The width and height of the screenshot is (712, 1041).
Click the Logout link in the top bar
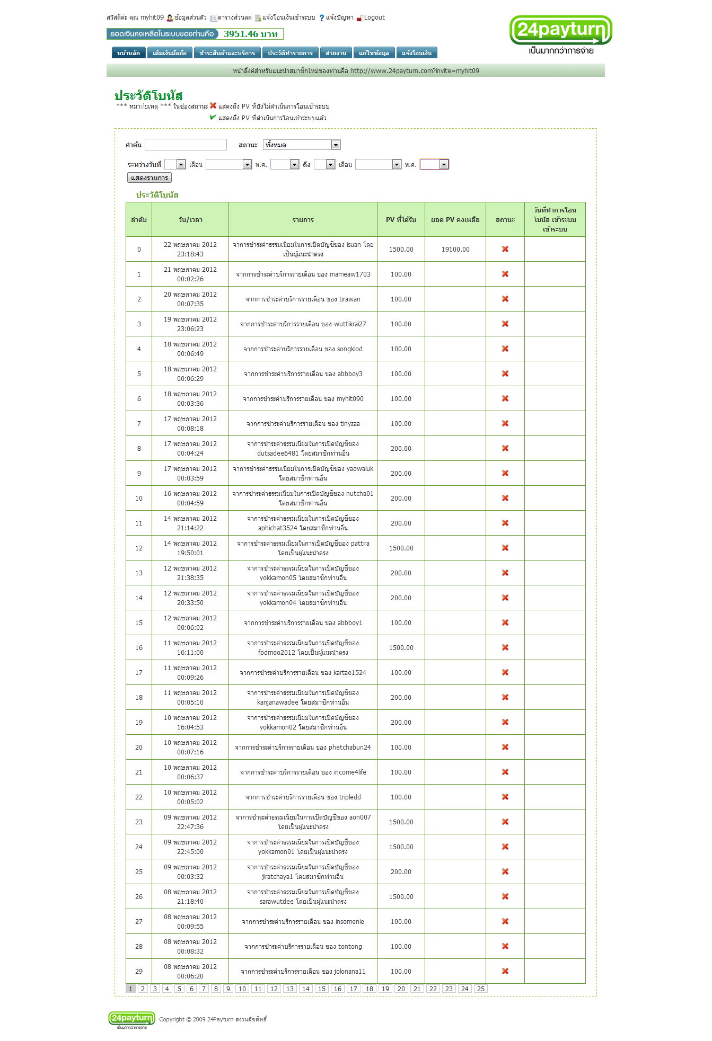coord(374,17)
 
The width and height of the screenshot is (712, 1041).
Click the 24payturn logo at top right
coord(560,35)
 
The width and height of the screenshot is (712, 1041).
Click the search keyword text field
coord(186,145)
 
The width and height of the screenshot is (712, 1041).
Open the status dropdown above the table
coord(302,145)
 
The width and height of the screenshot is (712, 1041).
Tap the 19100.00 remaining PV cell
coord(455,250)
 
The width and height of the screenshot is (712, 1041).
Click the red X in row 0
coord(505,249)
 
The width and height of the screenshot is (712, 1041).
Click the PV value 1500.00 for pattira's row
coord(401,548)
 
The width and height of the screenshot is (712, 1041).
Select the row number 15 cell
coord(139,623)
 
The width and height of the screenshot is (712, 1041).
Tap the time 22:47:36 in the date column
coord(190,827)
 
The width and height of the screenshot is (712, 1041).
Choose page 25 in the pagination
coord(481,989)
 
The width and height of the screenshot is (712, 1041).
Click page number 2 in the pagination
coord(143,989)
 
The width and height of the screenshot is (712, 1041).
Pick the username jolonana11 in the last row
coord(349,972)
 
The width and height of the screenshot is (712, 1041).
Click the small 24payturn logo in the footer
coord(131,1018)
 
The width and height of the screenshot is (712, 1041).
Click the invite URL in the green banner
coord(415,71)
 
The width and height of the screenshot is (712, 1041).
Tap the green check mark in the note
coord(213,118)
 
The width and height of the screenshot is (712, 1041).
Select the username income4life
coord(350,772)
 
